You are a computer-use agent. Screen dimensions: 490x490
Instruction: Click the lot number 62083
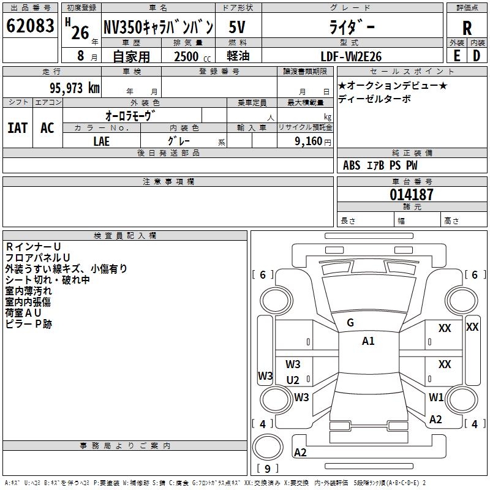coord(30,26)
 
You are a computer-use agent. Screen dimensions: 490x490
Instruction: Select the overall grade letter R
coord(467,28)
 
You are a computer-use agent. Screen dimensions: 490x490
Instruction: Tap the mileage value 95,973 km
coord(75,88)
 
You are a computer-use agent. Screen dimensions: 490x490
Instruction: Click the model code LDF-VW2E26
coord(351,56)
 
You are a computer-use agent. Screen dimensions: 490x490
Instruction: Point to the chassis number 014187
coord(412,195)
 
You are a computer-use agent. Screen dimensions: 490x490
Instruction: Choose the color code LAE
coord(102,141)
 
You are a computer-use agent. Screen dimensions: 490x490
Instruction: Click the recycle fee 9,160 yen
coord(313,141)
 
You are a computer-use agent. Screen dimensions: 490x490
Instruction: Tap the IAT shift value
coord(18,128)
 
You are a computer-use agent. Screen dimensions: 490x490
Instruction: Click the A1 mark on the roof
coord(368,341)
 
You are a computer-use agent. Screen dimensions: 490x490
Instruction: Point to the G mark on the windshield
coord(350,323)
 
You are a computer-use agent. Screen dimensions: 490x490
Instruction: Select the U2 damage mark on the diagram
coord(293,380)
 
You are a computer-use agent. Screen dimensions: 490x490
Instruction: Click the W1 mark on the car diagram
coord(436,397)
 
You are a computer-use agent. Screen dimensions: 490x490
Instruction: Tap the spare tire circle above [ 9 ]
coord(268,447)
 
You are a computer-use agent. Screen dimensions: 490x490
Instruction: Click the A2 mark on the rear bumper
coord(300,453)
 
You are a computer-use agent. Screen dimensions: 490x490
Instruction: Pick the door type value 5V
coord(237,27)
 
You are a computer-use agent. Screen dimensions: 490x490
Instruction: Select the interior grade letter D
coord(477,56)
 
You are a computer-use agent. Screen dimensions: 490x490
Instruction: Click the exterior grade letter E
coord(456,56)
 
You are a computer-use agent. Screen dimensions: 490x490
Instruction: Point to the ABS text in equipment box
coord(352,165)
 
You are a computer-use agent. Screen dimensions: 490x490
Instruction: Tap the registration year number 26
coord(80,32)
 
